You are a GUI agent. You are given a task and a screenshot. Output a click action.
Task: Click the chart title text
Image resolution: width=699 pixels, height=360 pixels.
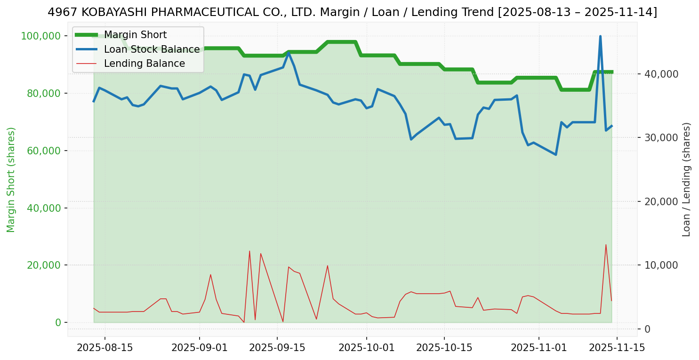point(352,12)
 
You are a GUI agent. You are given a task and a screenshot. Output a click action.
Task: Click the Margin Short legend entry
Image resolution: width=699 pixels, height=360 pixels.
point(135,35)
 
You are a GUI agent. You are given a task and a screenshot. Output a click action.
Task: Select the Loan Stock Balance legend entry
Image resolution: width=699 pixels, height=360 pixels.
point(152,49)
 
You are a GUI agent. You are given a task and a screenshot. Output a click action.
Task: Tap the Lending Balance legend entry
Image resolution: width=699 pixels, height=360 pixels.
point(144,64)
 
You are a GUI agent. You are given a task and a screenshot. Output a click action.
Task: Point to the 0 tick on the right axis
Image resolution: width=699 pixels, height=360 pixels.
point(648,328)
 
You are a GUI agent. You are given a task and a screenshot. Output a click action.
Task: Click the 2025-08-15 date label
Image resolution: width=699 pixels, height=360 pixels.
point(104,348)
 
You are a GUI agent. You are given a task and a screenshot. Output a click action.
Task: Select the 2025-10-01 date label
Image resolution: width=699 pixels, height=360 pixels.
point(366,348)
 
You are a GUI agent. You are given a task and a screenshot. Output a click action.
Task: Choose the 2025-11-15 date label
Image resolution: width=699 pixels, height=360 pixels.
point(617,348)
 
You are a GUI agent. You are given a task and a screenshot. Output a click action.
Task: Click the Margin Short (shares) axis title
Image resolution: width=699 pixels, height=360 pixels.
point(11,179)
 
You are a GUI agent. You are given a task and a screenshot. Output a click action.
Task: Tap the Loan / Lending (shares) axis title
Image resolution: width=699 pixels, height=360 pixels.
point(687,179)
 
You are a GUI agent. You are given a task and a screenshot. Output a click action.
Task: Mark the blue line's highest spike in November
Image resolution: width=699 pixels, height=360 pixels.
point(600,36)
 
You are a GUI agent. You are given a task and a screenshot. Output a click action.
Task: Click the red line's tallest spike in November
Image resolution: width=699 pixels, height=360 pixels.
point(606,245)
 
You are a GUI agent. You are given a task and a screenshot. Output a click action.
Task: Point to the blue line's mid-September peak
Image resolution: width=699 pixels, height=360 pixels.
point(288,53)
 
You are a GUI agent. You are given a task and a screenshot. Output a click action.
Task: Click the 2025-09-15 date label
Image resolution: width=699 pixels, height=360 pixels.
point(277,348)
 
